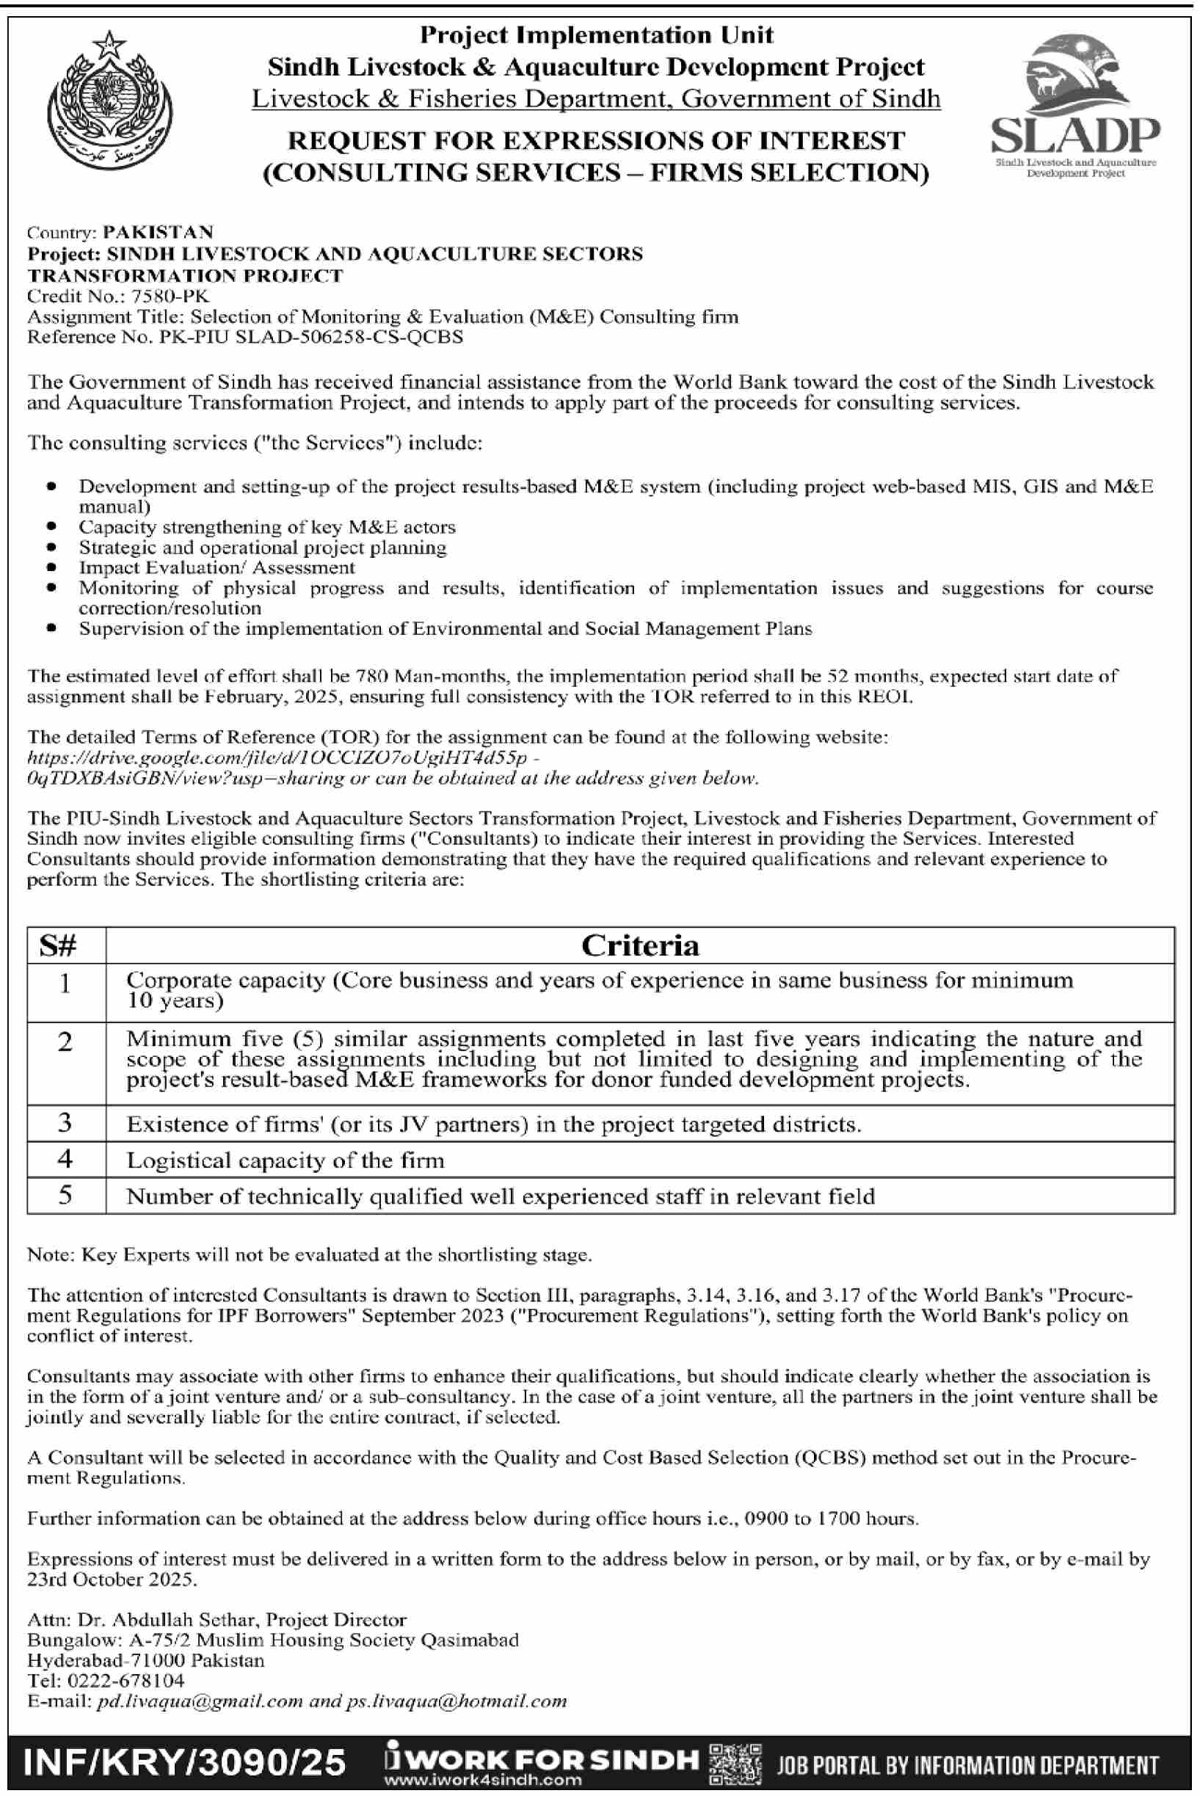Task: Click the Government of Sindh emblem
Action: point(109,101)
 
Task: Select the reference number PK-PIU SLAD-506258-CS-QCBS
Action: point(310,337)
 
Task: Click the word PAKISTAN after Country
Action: point(159,232)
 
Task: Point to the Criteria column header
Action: point(640,946)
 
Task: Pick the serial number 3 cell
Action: point(65,1124)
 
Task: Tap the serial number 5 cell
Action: point(65,1196)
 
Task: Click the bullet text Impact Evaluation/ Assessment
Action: point(217,568)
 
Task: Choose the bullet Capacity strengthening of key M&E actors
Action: point(267,527)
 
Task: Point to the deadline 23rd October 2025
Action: point(112,1579)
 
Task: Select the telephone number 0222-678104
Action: point(126,1681)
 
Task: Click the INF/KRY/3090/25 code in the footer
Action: point(185,1762)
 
